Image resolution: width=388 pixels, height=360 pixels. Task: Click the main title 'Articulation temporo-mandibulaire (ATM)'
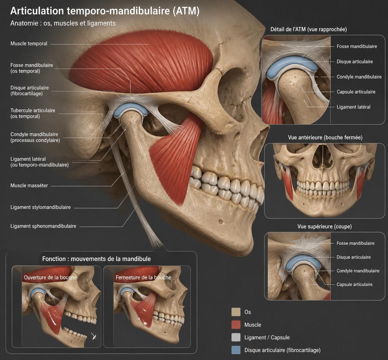pos(105,11)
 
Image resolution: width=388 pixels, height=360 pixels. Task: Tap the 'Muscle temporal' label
pos(29,44)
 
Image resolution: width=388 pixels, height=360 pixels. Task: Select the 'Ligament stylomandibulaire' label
pos(41,207)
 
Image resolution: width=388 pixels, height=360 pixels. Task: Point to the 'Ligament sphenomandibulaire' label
pos(44,226)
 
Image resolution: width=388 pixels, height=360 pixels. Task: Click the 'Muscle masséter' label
pos(29,185)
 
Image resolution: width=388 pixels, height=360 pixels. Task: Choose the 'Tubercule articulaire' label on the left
pos(33,113)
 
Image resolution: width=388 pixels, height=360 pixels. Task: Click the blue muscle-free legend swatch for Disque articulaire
pos(236,350)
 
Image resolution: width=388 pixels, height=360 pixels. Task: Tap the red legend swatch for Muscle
pos(236,325)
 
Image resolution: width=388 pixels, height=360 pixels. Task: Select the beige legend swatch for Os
pos(236,312)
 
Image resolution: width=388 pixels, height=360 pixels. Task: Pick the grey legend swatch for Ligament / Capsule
pos(236,337)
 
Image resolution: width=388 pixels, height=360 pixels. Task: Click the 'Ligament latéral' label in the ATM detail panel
pos(353,107)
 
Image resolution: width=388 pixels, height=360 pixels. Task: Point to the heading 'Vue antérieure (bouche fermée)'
pos(325,138)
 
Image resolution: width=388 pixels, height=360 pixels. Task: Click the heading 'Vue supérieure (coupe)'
pos(325,226)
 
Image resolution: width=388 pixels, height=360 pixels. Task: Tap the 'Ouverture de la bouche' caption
pos(50,277)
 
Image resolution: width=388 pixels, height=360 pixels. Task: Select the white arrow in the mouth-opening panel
pos(94,336)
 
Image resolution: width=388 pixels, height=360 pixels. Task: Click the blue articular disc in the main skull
pos(131,109)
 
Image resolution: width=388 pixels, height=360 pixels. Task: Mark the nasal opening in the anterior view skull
pos(322,156)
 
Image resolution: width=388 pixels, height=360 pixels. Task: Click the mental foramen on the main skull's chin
pos(221,222)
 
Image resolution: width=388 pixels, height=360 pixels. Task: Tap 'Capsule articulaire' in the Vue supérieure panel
pos(354,284)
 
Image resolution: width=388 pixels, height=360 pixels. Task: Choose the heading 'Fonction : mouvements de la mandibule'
pos(97,259)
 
